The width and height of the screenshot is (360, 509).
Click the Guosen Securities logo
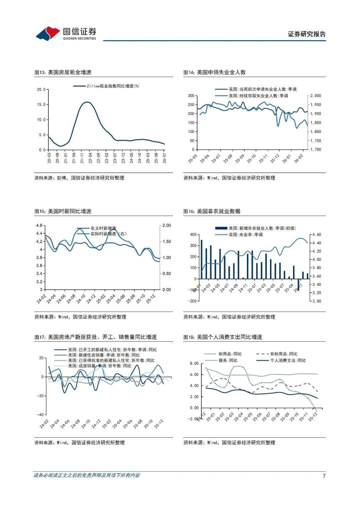(x=66, y=33)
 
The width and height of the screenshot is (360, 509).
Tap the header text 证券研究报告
(x=307, y=34)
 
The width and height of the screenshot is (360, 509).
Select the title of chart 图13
(x=63, y=72)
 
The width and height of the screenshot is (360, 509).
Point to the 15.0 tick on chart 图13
(x=41, y=105)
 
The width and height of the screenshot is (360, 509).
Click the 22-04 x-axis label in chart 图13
(x=90, y=158)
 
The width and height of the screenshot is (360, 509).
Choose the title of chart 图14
(x=215, y=72)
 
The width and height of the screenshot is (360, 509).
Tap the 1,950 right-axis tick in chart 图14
(x=315, y=105)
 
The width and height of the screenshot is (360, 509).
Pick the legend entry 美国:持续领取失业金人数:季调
(x=258, y=96)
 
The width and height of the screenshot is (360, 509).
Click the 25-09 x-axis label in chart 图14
(x=239, y=159)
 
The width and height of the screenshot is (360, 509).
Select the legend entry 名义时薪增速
(x=103, y=228)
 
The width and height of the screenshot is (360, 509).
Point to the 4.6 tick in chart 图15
(x=39, y=225)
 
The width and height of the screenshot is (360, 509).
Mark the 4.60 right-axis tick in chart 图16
(x=316, y=235)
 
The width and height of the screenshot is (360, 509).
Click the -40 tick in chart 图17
(x=40, y=415)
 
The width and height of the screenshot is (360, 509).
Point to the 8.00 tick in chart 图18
(x=194, y=363)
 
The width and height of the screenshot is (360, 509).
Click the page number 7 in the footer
(x=324, y=476)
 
